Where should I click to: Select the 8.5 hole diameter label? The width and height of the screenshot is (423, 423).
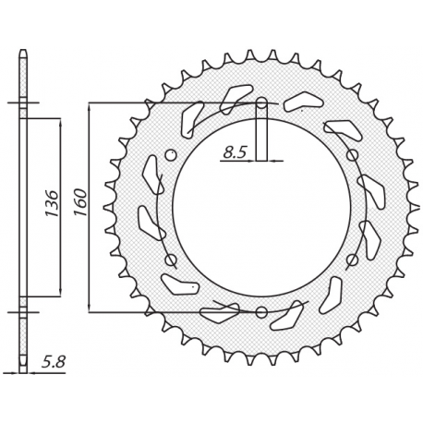(234, 154)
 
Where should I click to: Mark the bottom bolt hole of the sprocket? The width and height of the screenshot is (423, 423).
(261, 311)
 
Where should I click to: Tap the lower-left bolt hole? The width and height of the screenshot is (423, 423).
(171, 260)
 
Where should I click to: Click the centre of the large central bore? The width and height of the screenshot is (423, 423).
(261, 207)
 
